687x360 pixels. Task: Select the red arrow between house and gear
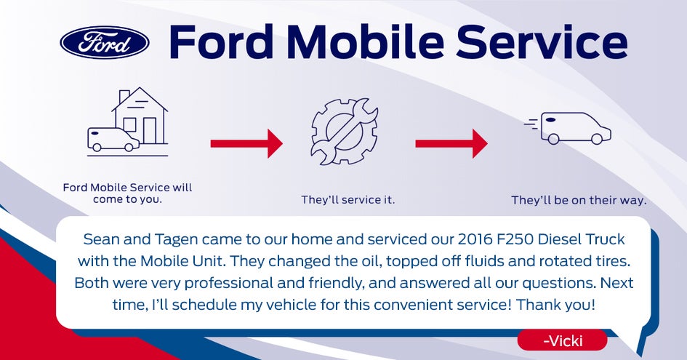coord(246,143)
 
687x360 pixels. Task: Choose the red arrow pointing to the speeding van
coord(451,143)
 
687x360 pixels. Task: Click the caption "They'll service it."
coord(348,199)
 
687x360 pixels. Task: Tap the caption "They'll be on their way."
coord(579,199)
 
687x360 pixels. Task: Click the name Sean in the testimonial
coord(100,239)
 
